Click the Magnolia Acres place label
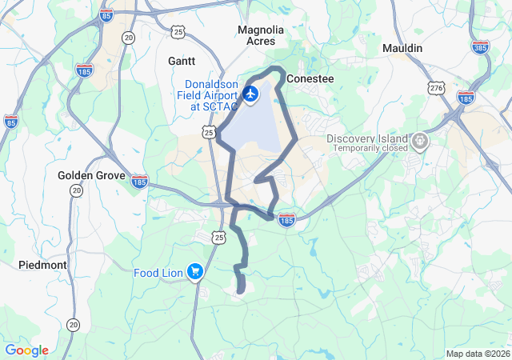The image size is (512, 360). pos(261,35)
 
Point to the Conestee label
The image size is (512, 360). pos(310,79)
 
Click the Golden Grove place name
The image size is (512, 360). pos(91,174)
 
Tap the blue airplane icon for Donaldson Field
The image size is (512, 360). pos(250,94)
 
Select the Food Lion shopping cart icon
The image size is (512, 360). pos(194,273)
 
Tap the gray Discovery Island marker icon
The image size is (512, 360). pos(421,142)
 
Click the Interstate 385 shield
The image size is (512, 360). pos(481,48)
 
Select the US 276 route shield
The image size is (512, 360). pos(436,87)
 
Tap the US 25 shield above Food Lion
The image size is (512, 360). pos(219,236)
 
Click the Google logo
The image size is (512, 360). pos(27,350)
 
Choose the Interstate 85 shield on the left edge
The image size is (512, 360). pos(10,122)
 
